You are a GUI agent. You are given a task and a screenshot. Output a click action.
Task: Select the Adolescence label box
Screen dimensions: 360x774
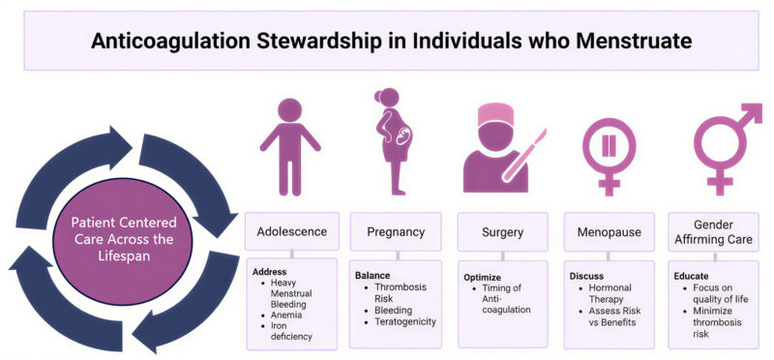[x=291, y=231]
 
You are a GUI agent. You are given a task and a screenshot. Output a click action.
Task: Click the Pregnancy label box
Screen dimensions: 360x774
[x=395, y=231]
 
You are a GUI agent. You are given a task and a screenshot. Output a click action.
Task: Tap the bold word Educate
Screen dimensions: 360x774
[x=691, y=275]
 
